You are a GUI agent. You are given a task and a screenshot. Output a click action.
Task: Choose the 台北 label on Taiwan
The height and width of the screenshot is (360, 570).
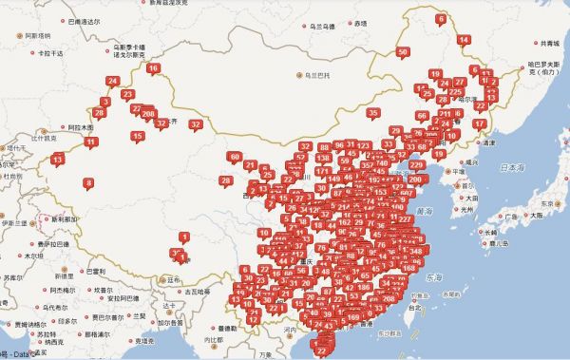[x=413, y=308]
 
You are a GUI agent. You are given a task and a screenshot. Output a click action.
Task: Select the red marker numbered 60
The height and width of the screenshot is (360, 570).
[x=235, y=157]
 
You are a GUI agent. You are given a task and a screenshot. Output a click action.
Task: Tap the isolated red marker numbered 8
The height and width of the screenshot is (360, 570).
[x=88, y=181]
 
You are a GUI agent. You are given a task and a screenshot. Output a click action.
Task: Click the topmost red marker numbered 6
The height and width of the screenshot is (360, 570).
[x=440, y=19]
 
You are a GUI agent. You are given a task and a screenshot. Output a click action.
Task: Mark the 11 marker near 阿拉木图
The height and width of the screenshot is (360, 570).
[x=91, y=142]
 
